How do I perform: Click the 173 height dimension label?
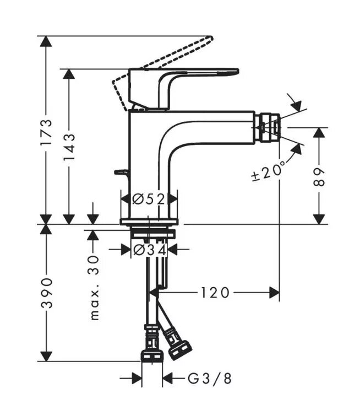tap(46, 132)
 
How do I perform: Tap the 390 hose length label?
tap(47, 293)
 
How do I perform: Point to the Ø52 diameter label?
tap(149, 199)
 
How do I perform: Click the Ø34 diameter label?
tap(150, 250)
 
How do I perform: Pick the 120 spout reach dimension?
tap(215, 293)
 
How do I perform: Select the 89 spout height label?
tap(319, 177)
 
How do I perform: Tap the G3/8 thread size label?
tap(210, 379)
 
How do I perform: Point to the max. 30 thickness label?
tap(95, 288)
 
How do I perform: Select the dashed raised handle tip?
tap(209, 38)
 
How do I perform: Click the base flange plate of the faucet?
tap(149, 222)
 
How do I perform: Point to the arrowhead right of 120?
tap(274, 293)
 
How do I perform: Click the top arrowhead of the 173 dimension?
tap(46, 41)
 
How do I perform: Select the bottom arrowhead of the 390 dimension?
tap(46, 356)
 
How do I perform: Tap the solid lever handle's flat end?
tap(233, 72)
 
